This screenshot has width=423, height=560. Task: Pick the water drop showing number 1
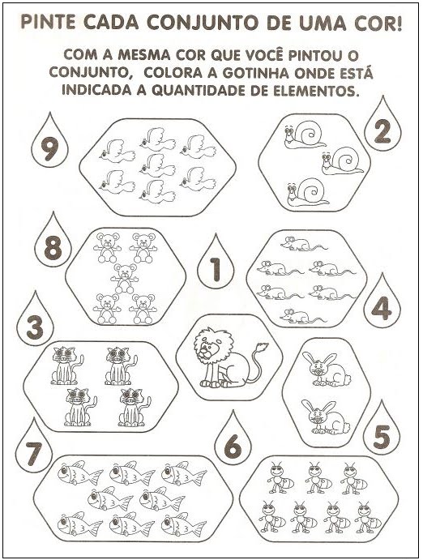point(216,263)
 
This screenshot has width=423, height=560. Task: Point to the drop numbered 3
point(35,321)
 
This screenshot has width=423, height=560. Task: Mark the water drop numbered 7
point(33,447)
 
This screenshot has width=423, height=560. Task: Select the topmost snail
point(305,134)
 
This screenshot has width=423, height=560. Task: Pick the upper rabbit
point(325,370)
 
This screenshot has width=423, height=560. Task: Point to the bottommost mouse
point(303,316)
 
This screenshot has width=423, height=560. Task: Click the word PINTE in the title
point(48,23)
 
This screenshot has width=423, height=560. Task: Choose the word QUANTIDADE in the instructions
point(195,91)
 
